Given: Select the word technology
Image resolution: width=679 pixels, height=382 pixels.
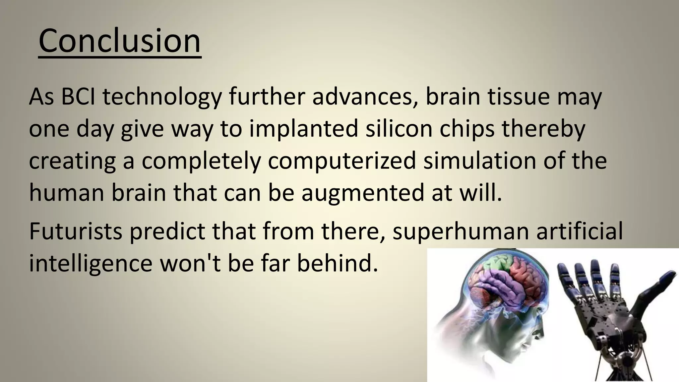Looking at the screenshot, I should [162, 97].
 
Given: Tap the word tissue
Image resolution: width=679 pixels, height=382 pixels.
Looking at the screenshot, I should [518, 97].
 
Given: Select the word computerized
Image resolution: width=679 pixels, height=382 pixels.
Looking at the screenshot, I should [341, 161].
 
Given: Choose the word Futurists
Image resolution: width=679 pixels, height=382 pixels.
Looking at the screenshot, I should [76, 231].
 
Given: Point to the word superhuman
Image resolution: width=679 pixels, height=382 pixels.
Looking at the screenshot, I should [461, 231].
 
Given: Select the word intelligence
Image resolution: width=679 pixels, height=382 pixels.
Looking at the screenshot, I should [91, 263].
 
